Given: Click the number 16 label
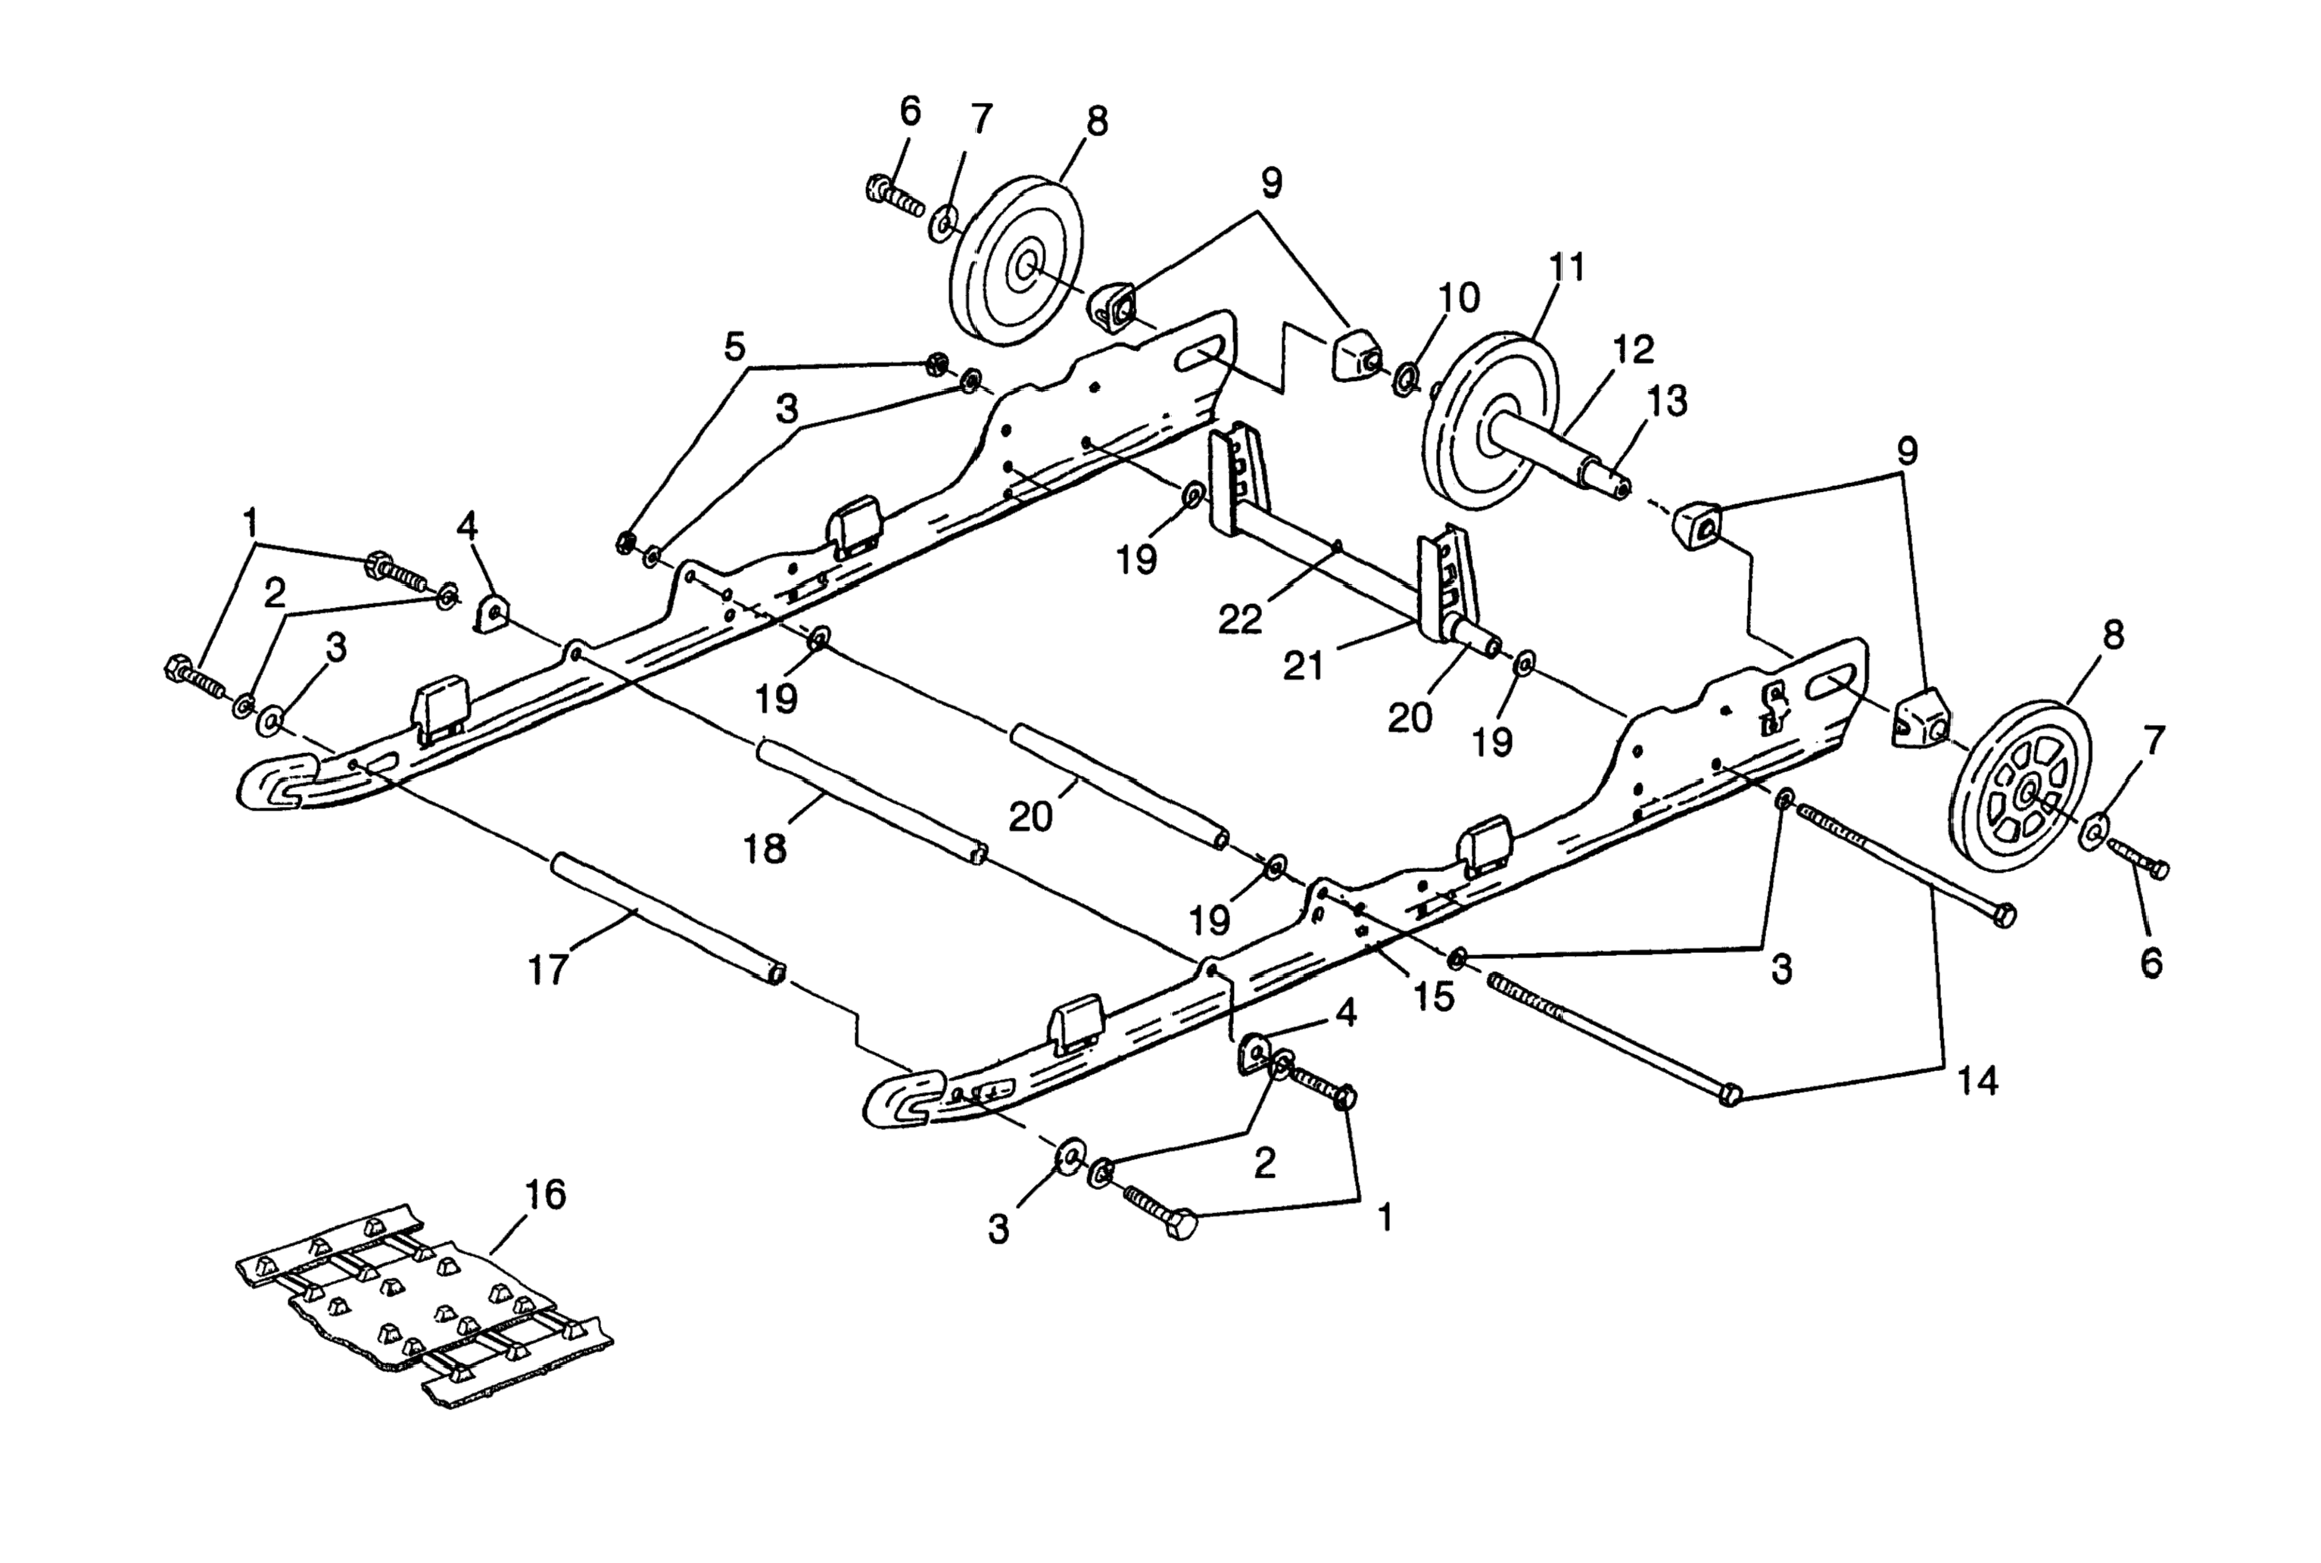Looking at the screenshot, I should coord(544,1194).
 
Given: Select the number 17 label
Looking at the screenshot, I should coord(547,968).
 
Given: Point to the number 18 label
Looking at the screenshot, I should coord(765,848).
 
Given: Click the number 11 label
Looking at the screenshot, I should coord(1566,268).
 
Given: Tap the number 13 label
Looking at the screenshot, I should coord(1667,400).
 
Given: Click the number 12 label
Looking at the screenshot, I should coord(1633,348).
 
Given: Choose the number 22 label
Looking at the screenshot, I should coord(1239,619).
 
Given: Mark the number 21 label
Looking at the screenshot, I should coord(1303,665).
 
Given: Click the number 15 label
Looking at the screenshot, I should coord(1434,996).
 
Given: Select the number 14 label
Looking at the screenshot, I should coord(1978,1079).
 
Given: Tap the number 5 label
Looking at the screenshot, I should coord(734,348).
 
